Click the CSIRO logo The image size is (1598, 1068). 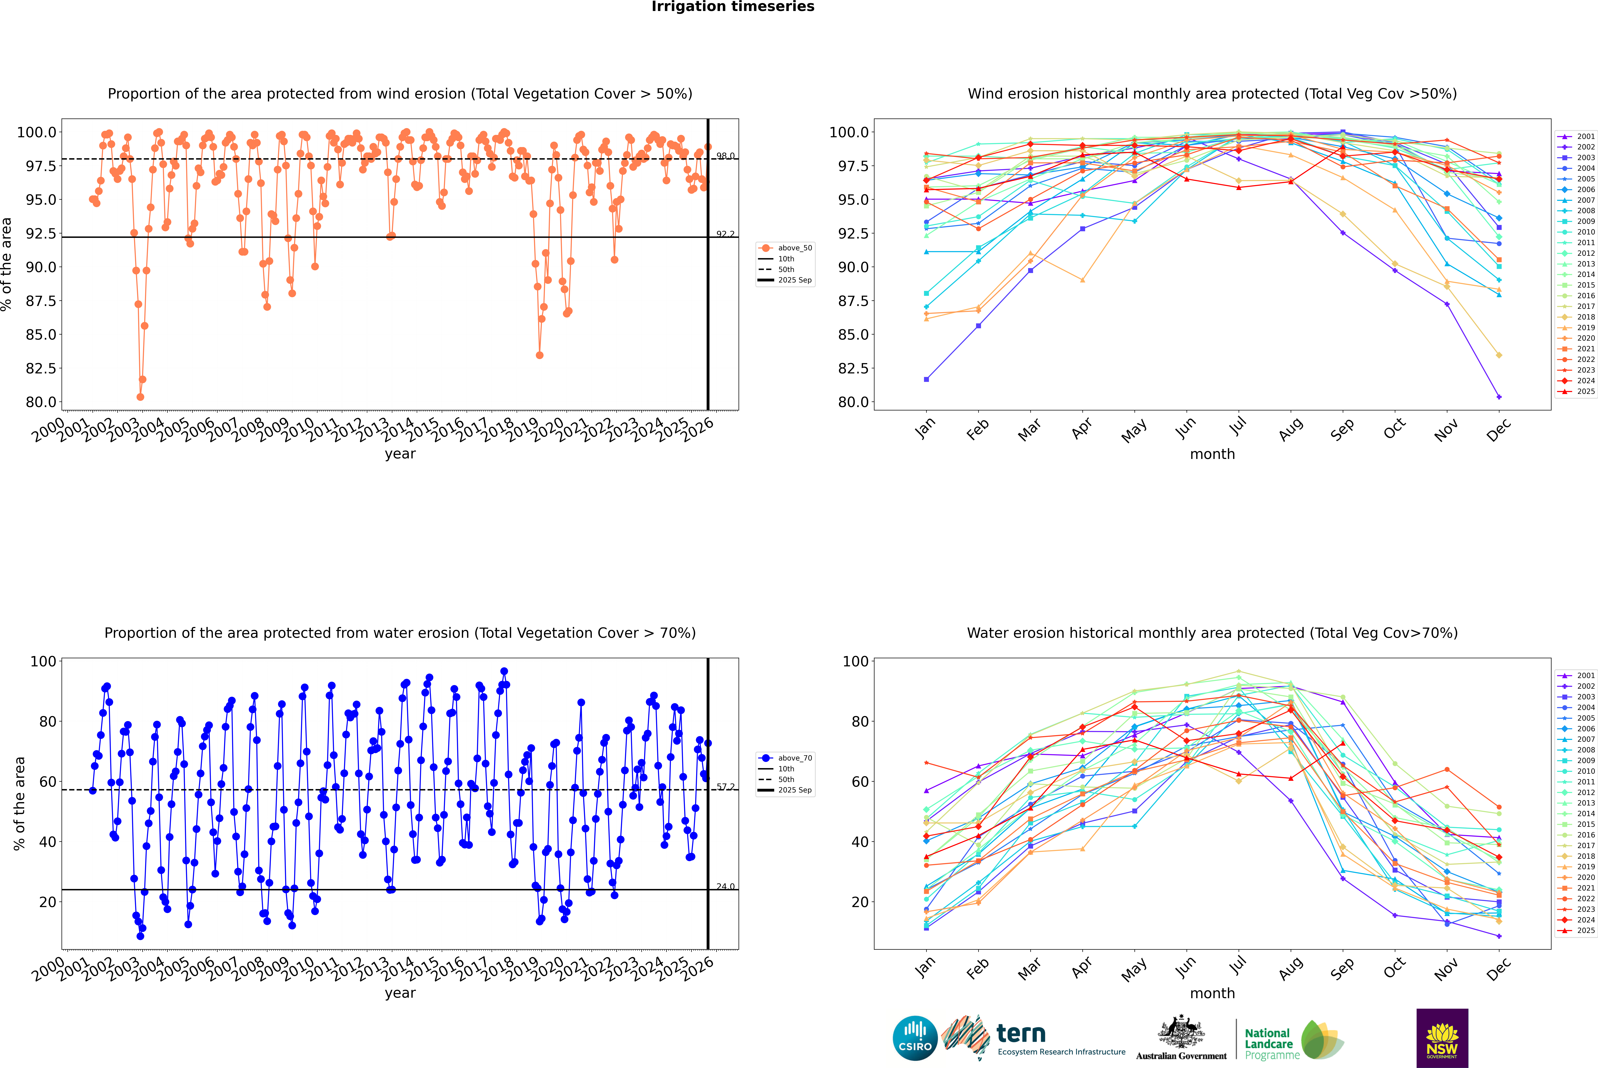[x=915, y=1038]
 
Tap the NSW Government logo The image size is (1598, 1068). [x=1442, y=1038]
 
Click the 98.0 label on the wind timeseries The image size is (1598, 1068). [x=725, y=156]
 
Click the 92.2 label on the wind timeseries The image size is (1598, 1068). [x=725, y=234]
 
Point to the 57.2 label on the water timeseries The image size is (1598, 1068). [x=725, y=787]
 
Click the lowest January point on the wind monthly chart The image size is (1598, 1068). [x=926, y=379]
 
